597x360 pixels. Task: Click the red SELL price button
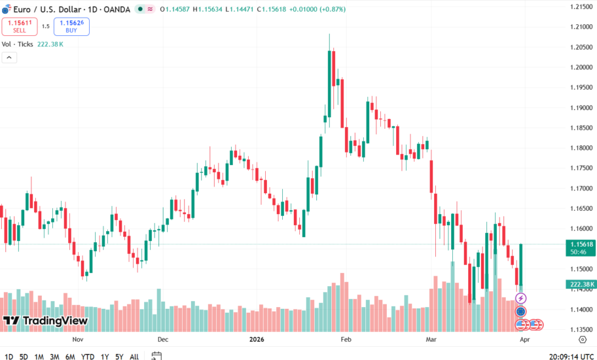19,26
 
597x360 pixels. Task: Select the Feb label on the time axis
346,340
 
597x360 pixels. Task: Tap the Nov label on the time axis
78,340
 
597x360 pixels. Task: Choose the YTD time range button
87,357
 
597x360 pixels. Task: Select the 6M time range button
70,357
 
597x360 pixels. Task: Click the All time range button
134,357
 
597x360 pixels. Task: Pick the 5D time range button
24,357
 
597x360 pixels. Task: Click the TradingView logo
45,321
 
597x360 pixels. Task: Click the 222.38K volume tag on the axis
581,284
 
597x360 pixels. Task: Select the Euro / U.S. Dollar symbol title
65,9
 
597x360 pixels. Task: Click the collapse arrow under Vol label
9,58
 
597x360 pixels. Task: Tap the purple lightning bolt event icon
521,298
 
